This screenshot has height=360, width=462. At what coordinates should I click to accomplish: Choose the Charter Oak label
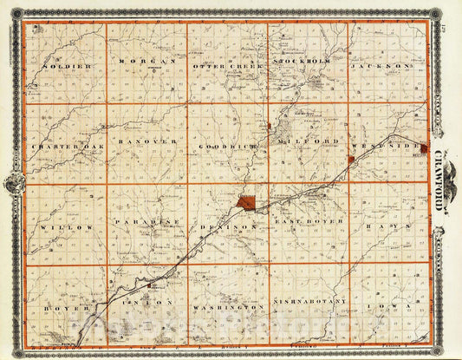[66, 147]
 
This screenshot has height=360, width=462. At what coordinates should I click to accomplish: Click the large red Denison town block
[247, 203]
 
